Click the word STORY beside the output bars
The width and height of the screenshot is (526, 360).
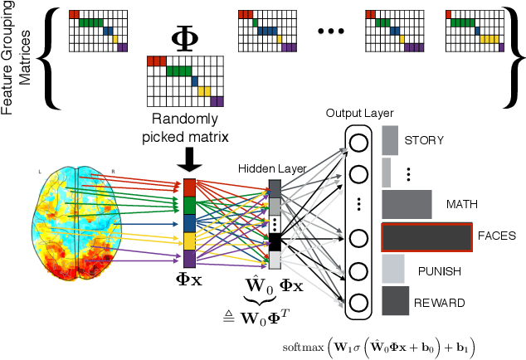tap(424, 140)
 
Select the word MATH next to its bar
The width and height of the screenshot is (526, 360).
tap(461, 203)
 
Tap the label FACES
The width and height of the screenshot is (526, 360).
tap(497, 236)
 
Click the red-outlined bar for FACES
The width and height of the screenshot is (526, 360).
tap(426, 237)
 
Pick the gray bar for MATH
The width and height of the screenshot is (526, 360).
tap(407, 203)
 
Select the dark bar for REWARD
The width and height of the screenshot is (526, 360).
tap(395, 301)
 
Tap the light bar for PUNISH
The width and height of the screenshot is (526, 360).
tap(392, 270)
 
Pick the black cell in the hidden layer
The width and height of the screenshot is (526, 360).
tap(275, 241)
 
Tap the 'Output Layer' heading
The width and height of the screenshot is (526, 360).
tap(358, 113)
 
